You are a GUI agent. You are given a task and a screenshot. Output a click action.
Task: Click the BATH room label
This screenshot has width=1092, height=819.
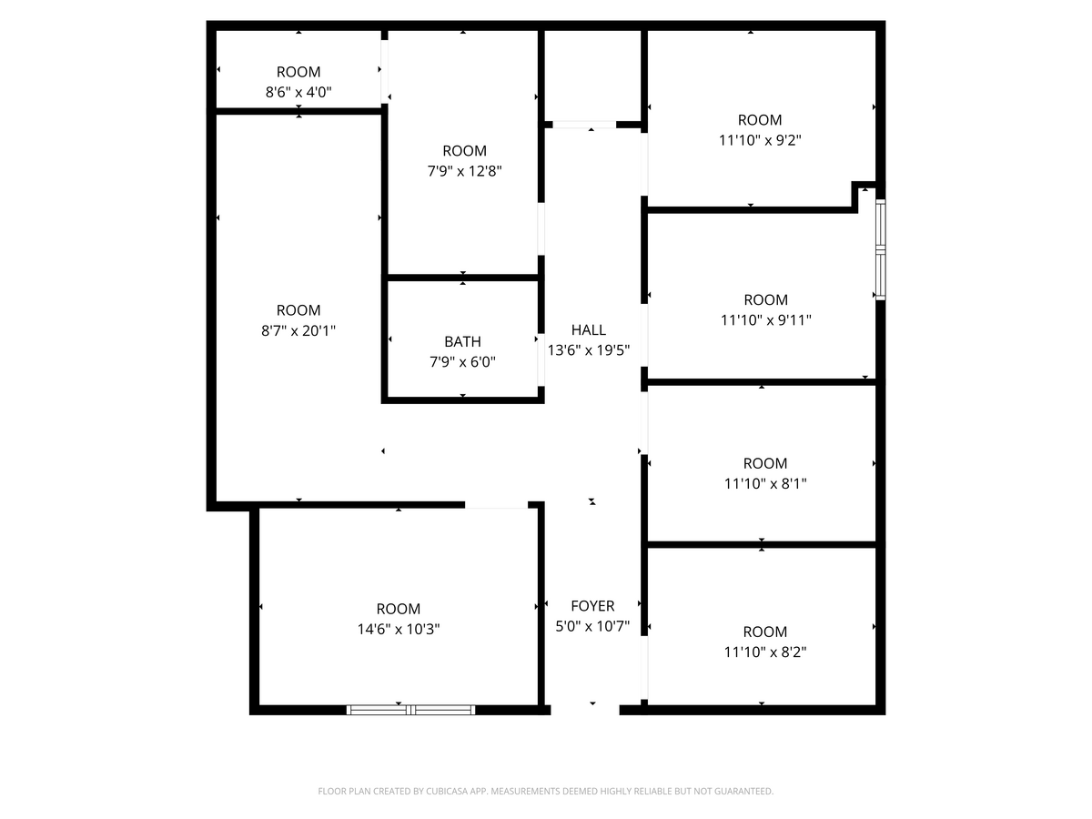click(462, 342)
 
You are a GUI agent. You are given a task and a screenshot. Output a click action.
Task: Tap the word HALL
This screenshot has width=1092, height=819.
click(589, 330)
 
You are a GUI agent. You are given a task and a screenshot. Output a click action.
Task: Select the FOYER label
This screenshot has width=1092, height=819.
click(592, 606)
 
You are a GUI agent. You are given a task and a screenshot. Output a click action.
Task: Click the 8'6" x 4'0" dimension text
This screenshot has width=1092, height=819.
click(298, 92)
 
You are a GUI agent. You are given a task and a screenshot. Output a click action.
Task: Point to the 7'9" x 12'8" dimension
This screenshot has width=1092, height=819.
click(464, 170)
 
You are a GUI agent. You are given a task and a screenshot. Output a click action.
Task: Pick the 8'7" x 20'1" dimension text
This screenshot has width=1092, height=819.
click(298, 330)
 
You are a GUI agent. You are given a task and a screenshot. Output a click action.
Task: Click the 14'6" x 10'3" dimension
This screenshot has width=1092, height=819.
click(399, 629)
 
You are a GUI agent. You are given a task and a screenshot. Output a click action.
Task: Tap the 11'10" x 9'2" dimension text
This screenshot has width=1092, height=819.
click(760, 140)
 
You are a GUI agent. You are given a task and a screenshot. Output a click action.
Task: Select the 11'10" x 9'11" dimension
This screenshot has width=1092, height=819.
click(765, 319)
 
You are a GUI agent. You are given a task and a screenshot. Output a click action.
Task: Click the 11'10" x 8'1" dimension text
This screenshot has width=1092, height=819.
click(765, 484)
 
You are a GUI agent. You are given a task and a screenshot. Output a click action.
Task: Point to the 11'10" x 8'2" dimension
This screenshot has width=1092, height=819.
click(765, 652)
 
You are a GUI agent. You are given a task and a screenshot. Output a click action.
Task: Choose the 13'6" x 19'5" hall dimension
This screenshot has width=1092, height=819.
click(589, 349)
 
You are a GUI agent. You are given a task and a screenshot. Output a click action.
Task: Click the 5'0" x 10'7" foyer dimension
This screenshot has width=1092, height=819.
click(592, 626)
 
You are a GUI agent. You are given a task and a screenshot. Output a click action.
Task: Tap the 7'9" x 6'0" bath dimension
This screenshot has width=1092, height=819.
click(462, 362)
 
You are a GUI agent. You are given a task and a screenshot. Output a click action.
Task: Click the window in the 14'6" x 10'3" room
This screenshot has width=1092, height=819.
click(411, 709)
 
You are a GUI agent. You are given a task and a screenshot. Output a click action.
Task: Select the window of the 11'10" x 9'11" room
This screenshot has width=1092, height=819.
click(880, 249)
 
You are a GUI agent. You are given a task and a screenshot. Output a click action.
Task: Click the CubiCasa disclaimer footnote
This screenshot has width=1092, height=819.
click(546, 792)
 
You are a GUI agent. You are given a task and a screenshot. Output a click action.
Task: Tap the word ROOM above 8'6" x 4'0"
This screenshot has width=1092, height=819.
click(298, 72)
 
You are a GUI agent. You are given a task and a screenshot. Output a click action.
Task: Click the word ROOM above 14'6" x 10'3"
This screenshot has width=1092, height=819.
click(399, 609)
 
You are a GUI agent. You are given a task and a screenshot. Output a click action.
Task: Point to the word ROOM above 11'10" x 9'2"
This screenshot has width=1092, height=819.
click(760, 120)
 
